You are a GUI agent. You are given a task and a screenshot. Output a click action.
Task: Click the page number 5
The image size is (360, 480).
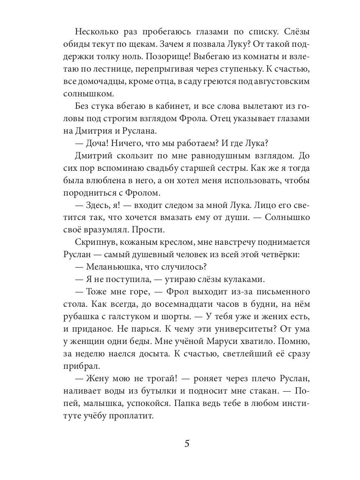pos(187,444)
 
